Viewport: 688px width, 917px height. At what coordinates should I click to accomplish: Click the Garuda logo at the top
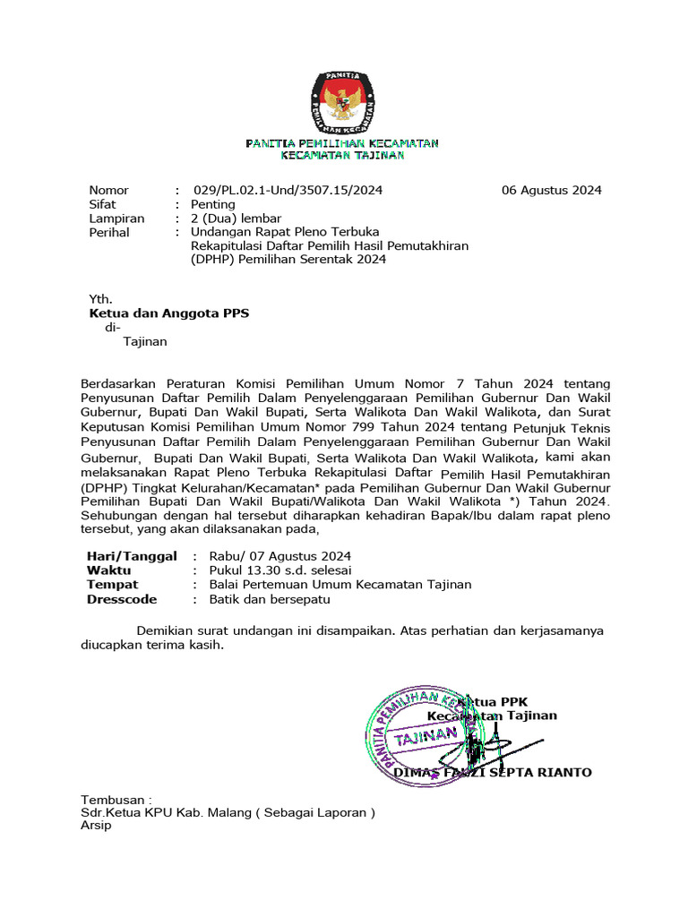[x=343, y=100]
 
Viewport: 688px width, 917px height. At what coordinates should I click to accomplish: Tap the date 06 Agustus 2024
[x=551, y=190]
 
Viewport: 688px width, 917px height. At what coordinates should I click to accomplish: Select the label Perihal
[x=109, y=232]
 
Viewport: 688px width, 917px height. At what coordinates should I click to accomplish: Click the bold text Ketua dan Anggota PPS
[x=168, y=313]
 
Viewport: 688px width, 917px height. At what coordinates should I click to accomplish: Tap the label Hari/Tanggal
[x=131, y=556]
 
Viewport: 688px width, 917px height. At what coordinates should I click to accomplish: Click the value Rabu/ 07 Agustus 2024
[x=279, y=556]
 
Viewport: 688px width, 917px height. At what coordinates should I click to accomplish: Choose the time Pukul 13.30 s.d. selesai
[x=279, y=570]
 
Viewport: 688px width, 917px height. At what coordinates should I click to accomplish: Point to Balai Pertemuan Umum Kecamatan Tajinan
[x=340, y=585]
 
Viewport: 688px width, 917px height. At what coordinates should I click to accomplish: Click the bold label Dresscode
[x=122, y=599]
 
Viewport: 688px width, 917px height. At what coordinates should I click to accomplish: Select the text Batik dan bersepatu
[x=270, y=599]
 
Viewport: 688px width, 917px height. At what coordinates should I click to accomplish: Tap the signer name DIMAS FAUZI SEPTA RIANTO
[x=492, y=772]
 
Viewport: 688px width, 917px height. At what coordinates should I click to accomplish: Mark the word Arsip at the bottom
[x=96, y=826]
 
